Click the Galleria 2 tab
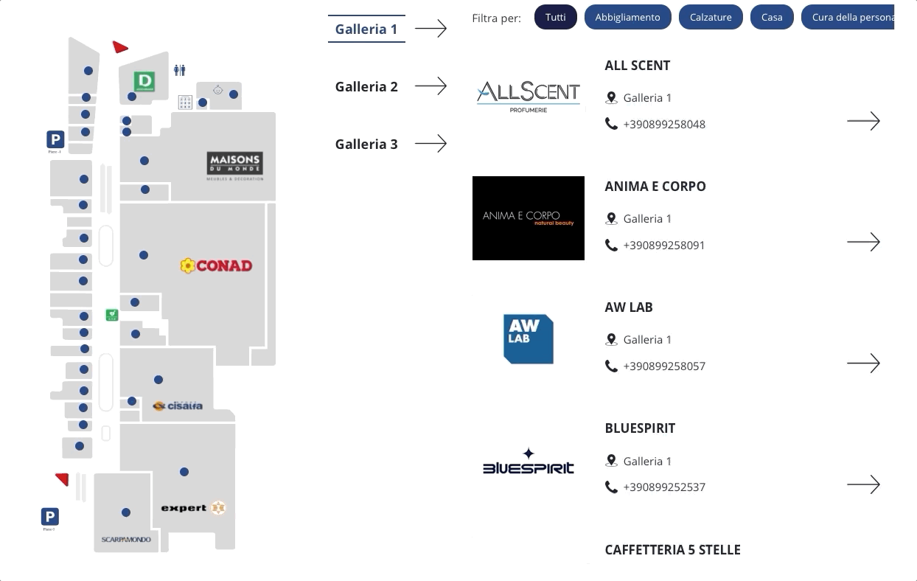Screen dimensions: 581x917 tap(366, 86)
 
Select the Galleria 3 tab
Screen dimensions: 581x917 tap(366, 144)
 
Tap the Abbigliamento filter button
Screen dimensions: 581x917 tap(627, 17)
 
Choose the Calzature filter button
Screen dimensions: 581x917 tap(711, 17)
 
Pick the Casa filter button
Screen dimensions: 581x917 tap(772, 17)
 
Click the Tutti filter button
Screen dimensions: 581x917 tap(556, 17)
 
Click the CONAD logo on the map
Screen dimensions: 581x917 tap(216, 265)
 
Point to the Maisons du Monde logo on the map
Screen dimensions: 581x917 tap(235, 165)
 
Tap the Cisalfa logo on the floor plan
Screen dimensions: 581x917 tap(177, 406)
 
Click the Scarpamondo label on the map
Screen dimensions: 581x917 tap(126, 540)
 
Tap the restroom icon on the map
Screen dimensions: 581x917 tap(180, 70)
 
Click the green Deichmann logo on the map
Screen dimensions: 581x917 tap(144, 80)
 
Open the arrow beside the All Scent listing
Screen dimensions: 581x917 tap(863, 121)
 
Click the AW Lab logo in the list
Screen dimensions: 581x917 tap(528, 339)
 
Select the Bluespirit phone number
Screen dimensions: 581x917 tap(664, 487)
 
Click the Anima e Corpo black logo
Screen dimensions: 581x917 tap(528, 218)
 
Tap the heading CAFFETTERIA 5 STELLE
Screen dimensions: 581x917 tap(672, 550)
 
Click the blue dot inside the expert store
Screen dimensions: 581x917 tap(184, 472)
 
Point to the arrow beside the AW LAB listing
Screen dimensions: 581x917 tap(863, 363)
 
